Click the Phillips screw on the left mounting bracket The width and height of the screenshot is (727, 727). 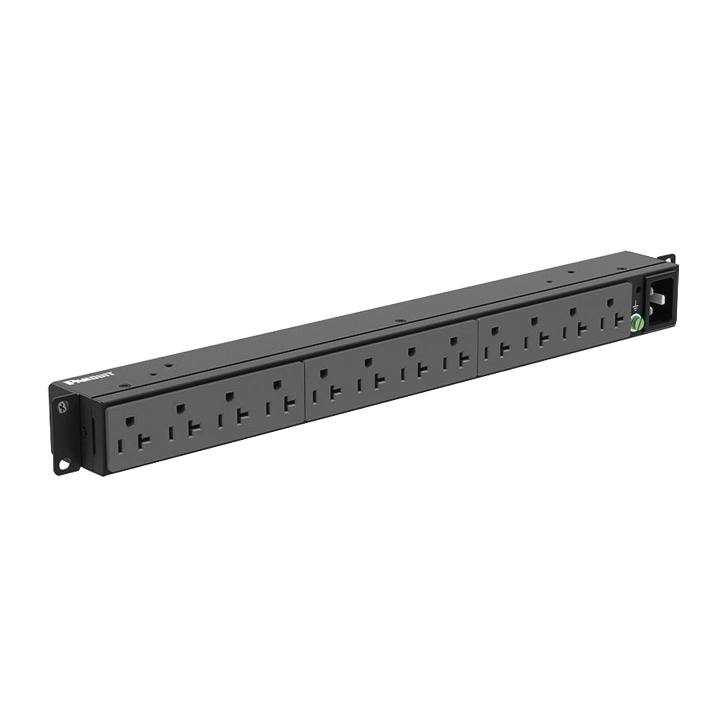point(62,407)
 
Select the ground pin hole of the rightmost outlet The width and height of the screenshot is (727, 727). point(610,302)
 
